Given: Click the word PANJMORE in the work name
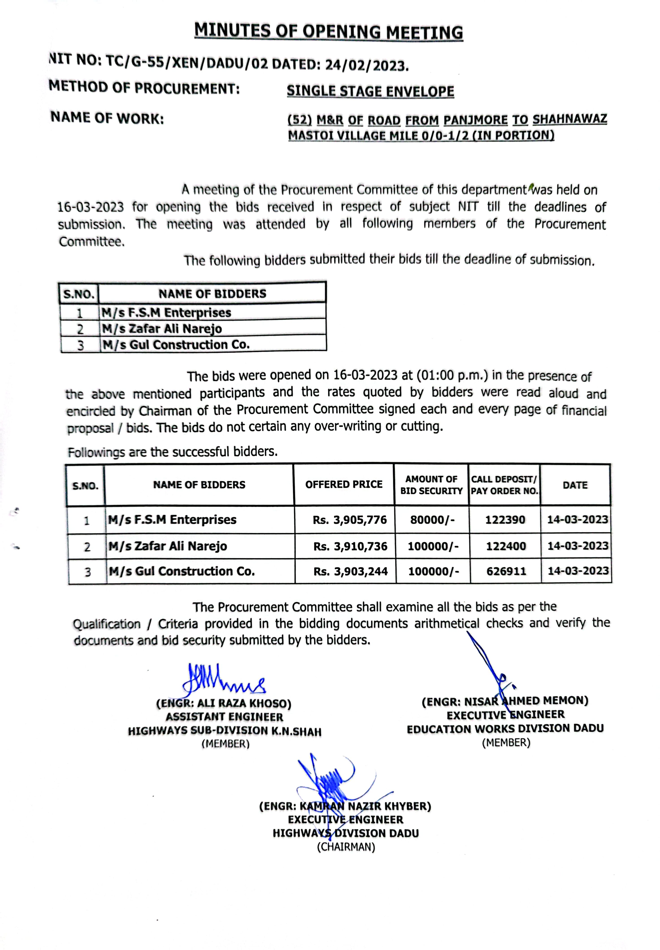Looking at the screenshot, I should tap(475, 120).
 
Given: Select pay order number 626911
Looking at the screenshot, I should tap(506, 572).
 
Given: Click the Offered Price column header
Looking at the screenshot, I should tap(344, 484).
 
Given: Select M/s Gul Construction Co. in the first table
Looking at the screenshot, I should tap(176, 344).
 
